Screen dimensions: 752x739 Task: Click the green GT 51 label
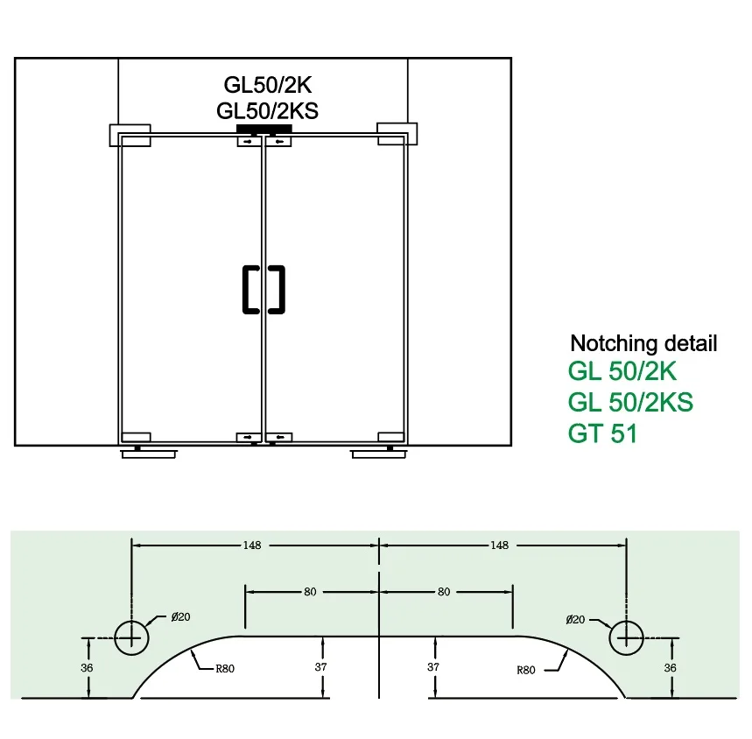click(602, 433)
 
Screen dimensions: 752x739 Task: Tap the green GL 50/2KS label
click(630, 402)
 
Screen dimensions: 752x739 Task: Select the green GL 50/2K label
click(622, 371)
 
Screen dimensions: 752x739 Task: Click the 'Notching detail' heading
click(643, 343)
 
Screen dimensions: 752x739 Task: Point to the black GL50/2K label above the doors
click(268, 85)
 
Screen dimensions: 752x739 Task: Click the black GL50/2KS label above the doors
click(267, 111)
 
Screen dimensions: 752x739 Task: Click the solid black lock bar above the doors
click(264, 130)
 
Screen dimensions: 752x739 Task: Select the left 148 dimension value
click(252, 545)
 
